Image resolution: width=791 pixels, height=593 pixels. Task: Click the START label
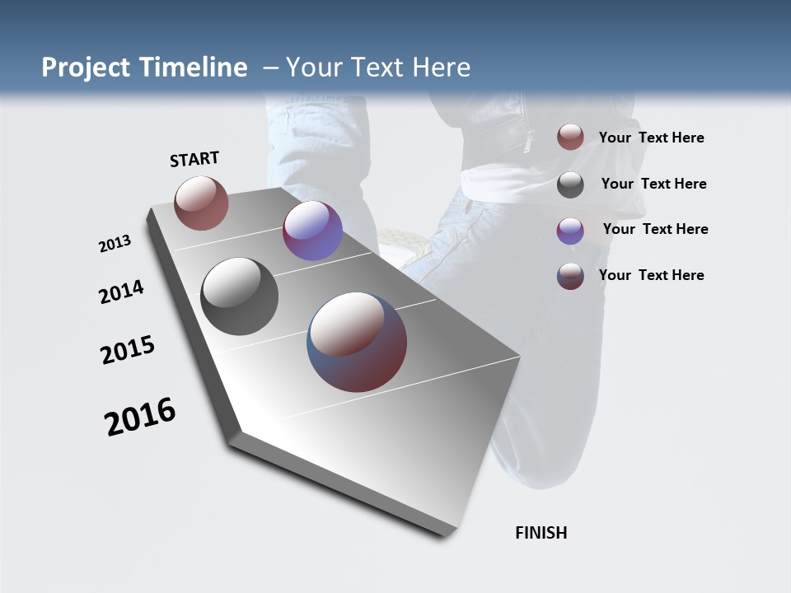tap(194, 159)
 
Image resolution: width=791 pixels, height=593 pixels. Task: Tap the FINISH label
tap(541, 533)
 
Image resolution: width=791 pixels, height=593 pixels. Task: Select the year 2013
tap(115, 244)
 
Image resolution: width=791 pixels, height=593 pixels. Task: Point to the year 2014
tap(122, 292)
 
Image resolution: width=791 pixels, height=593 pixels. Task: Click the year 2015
tap(128, 350)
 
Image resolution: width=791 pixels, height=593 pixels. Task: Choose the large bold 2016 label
tap(140, 417)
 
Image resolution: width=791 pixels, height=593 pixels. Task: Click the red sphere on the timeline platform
tap(201, 203)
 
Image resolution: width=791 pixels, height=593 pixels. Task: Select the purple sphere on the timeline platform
tap(312, 231)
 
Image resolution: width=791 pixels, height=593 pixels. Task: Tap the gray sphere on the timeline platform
tap(239, 296)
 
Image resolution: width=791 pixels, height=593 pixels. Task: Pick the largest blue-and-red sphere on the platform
tap(357, 342)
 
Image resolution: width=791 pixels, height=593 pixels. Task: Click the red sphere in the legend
tap(570, 138)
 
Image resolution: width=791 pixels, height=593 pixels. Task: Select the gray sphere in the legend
tap(570, 184)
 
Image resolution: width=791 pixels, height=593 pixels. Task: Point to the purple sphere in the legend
tap(570, 231)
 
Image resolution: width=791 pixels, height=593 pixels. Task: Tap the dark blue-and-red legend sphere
tap(570, 276)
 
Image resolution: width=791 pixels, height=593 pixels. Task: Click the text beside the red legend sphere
tap(651, 138)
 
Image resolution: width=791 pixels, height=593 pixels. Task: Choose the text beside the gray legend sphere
tap(653, 184)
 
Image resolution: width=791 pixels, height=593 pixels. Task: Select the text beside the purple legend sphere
tap(655, 229)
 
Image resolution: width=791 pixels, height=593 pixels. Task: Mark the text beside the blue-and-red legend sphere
tap(651, 275)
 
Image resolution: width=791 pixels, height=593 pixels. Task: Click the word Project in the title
tap(87, 68)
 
